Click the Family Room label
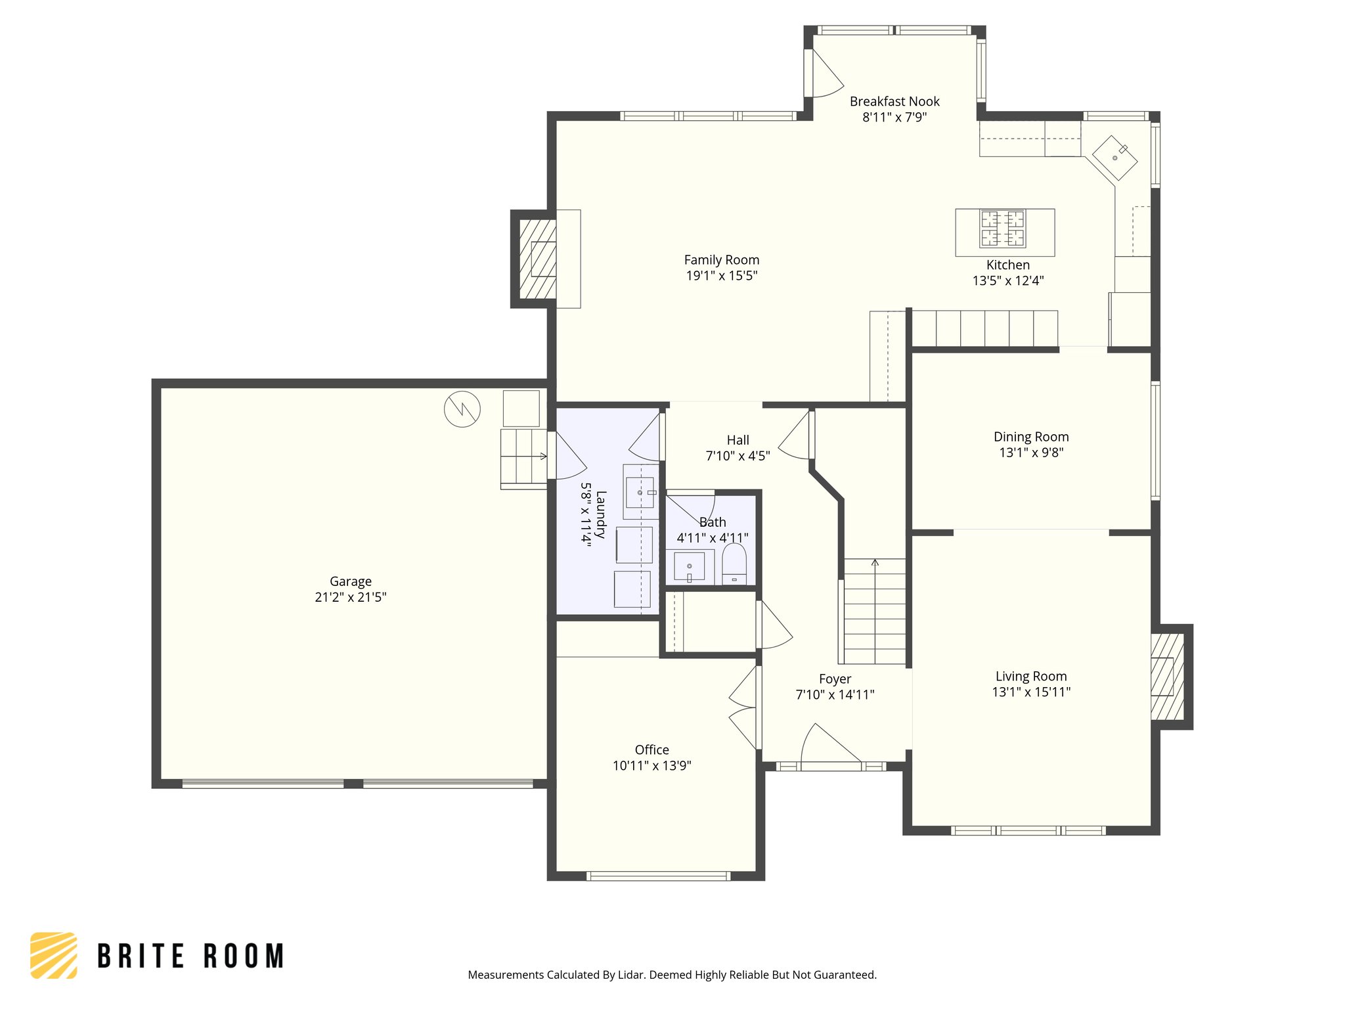pos(722,260)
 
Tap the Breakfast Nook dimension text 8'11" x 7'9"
pos(894,118)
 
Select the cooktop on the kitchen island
pos(1002,228)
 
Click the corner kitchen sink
pos(1114,158)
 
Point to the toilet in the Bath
pos(734,564)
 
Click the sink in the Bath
pos(689,567)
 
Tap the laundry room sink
pos(640,493)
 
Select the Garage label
pos(351,581)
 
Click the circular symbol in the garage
pos(462,409)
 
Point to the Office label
pos(652,750)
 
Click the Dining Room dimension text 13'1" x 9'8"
pos(1031,453)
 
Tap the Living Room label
pos(1031,677)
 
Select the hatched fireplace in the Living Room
pos(1168,677)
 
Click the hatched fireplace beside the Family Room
pos(538,259)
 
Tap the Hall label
pos(738,440)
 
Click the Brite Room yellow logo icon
pos(54,955)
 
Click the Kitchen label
pos(1008,265)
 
